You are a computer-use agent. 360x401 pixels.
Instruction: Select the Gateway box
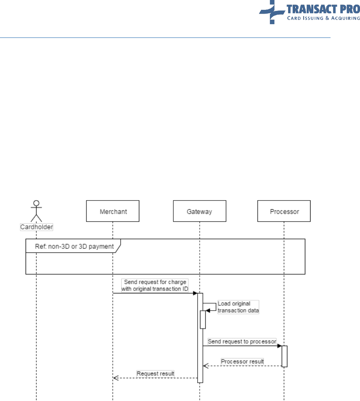point(199,211)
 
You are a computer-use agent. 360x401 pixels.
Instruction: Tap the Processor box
point(284,211)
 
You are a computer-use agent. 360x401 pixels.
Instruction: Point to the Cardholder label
point(36,227)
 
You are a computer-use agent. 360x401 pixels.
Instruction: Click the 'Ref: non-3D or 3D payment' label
point(74,246)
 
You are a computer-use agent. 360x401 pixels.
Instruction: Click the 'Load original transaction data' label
point(238,307)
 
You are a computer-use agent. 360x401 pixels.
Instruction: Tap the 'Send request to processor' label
point(242,341)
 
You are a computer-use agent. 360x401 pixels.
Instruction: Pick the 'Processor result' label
point(242,361)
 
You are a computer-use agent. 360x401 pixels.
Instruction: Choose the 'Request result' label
point(155,374)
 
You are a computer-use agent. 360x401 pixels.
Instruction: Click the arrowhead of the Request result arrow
point(115,378)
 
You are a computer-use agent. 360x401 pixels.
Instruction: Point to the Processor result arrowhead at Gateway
point(206,366)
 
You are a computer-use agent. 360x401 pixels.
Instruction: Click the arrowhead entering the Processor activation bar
point(279,346)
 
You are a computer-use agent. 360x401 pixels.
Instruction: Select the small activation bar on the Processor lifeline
point(284,356)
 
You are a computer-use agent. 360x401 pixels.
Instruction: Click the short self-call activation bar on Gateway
point(203,319)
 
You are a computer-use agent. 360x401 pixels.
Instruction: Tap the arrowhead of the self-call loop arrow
point(208,311)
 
